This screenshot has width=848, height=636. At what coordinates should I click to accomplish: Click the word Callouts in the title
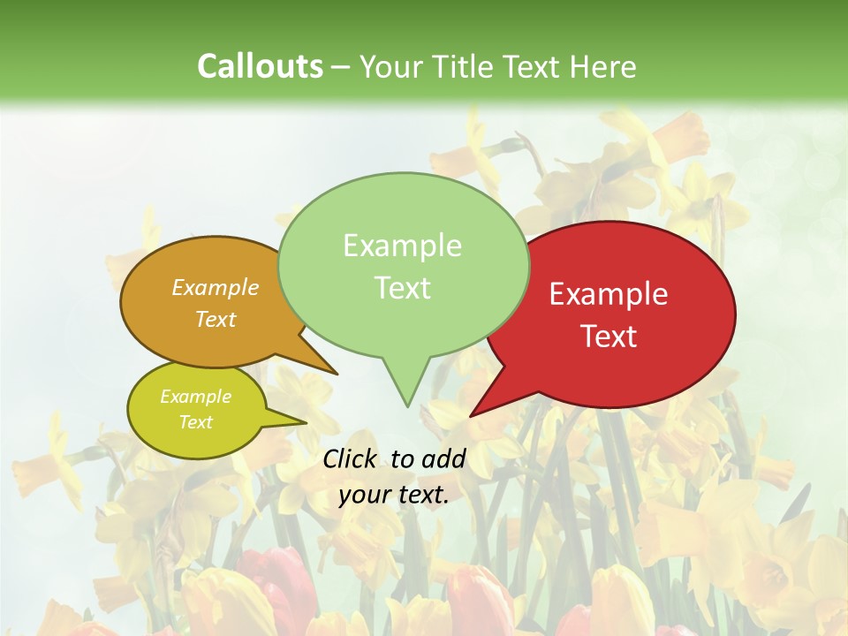tap(260, 66)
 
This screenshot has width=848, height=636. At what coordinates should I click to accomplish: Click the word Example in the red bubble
tap(609, 294)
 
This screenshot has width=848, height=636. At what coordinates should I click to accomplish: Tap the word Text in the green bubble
tap(403, 288)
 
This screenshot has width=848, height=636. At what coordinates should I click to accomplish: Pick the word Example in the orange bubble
tap(216, 287)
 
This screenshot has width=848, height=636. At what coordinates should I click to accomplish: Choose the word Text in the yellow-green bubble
tap(196, 422)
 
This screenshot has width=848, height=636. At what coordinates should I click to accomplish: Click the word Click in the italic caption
tap(351, 458)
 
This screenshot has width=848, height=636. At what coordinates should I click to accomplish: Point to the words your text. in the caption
tap(394, 495)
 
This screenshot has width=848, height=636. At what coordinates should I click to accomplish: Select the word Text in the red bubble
tap(609, 337)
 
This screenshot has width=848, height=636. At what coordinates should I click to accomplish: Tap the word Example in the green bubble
tap(403, 246)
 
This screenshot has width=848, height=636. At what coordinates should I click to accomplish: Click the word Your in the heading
tap(389, 66)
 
